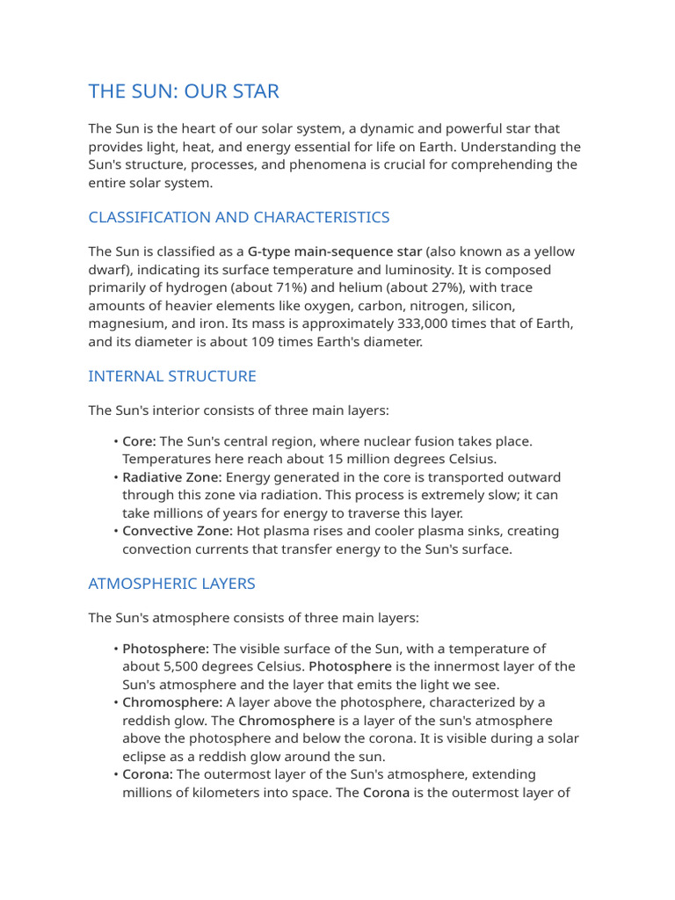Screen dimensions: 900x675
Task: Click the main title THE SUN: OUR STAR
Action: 184,91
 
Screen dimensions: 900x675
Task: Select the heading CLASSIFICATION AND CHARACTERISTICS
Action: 239,217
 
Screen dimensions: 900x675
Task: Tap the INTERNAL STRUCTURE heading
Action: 172,376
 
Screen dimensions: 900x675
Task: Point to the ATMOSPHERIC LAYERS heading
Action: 171,584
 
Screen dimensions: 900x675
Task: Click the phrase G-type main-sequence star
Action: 335,252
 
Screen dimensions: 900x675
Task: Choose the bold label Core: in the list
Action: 139,441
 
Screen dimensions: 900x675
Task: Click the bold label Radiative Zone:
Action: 172,477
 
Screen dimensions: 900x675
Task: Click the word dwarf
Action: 107,270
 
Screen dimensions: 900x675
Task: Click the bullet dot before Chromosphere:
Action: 115,703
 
